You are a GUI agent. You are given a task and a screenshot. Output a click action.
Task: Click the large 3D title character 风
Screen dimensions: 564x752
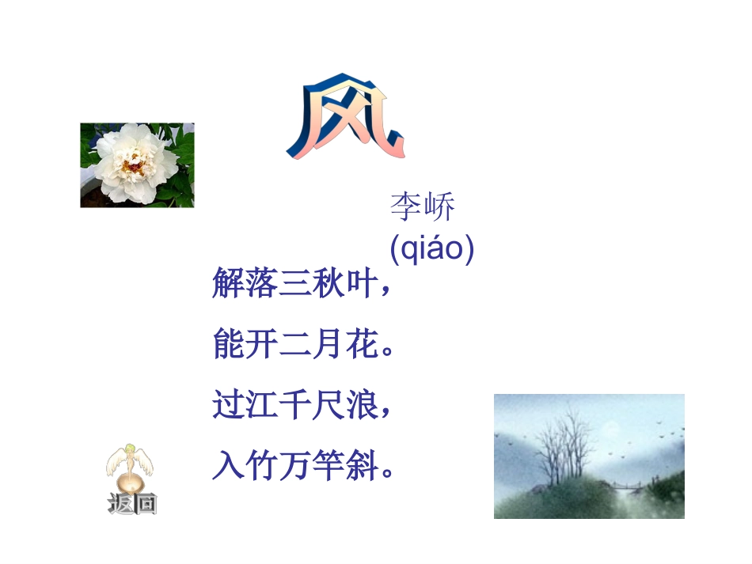346,121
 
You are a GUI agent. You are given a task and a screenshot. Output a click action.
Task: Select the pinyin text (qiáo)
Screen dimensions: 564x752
432,248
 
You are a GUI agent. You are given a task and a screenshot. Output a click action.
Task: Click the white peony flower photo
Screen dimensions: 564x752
137,165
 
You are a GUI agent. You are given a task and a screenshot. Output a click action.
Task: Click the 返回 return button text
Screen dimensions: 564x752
132,504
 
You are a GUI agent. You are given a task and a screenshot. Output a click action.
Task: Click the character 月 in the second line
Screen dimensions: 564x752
330,345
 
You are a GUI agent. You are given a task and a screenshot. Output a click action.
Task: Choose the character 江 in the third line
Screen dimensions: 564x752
263,406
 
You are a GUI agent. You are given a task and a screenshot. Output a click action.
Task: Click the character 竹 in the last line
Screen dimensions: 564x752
263,467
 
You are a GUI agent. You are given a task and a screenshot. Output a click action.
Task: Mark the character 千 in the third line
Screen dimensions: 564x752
296,406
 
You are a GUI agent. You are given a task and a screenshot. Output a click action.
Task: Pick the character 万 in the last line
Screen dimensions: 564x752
296,467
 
